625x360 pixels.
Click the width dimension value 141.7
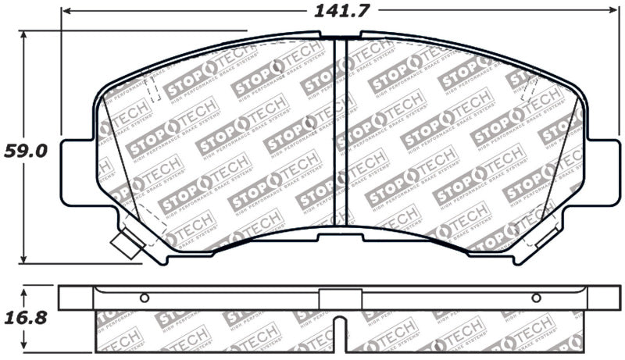341,11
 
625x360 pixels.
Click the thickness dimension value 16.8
26,317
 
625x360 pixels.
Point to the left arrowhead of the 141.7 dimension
66,11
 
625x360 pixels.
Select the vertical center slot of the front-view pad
341,133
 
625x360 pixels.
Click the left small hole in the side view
145,298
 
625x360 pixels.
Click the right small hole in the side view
536,298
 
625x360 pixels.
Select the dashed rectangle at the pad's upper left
154,83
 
